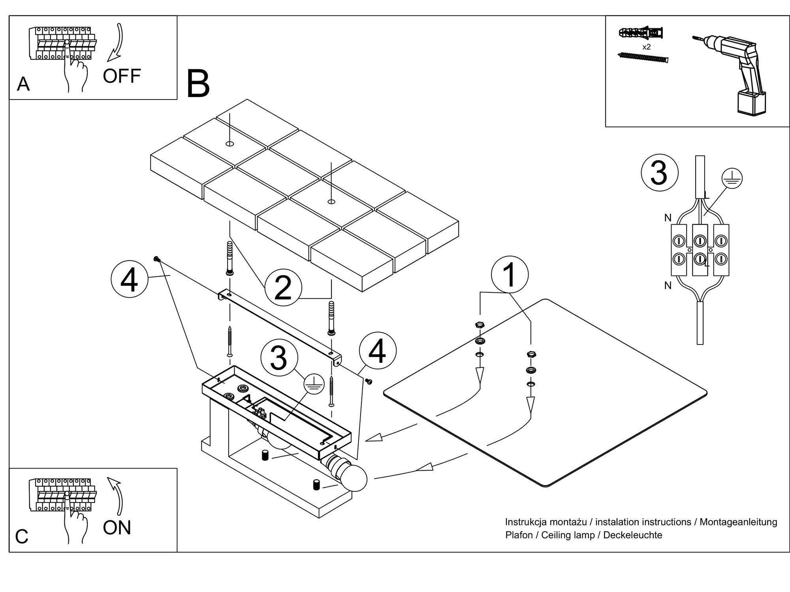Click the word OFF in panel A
(122, 76)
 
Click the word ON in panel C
(117, 528)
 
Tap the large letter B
(198, 84)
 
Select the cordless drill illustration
(735, 73)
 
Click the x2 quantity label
(647, 47)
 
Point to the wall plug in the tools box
(641, 33)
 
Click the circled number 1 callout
(510, 275)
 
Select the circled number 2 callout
(283, 287)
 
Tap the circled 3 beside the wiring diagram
(659, 173)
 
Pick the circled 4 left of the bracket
(130, 280)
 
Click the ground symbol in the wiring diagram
(732, 178)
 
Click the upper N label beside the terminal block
(668, 217)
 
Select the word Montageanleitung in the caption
(738, 522)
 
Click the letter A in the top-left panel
(23, 84)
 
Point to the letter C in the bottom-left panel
(22, 537)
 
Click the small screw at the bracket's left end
(156, 259)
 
